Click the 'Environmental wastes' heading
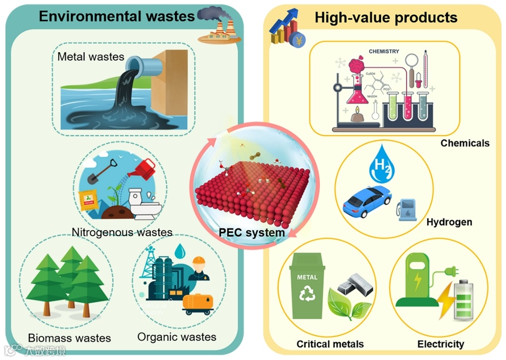pos(117,16)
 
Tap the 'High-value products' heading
pos(386,18)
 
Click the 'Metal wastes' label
pos(91,56)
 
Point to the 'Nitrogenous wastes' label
pos(122,232)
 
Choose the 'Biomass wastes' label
pos(70,338)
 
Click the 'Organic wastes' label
pos(177,337)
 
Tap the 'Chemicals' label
pos(465,143)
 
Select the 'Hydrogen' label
pos(449,222)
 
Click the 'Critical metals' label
pos(330,344)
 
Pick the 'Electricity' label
pos(440,344)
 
